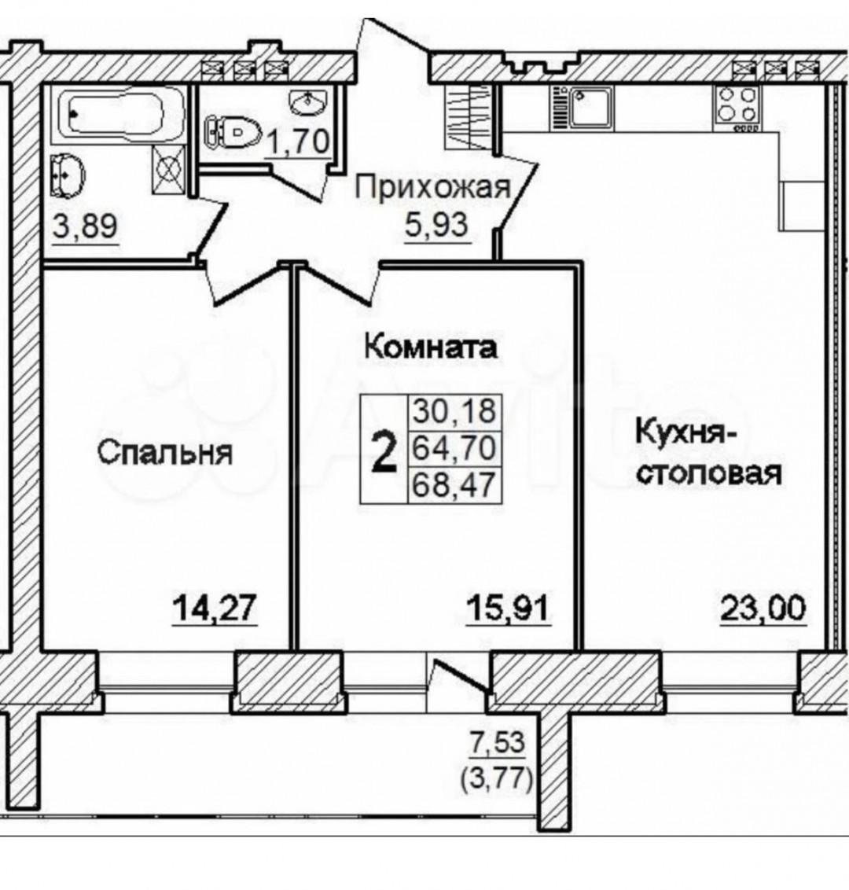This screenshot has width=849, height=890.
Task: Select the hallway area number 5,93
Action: (x=432, y=225)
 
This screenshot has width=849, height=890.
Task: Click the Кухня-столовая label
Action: (x=707, y=454)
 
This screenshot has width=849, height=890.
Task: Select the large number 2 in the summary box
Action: (x=383, y=452)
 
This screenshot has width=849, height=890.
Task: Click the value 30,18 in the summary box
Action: (x=454, y=411)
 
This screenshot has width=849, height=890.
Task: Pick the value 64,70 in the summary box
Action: (x=454, y=448)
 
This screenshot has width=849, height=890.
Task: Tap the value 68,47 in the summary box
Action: (x=454, y=484)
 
